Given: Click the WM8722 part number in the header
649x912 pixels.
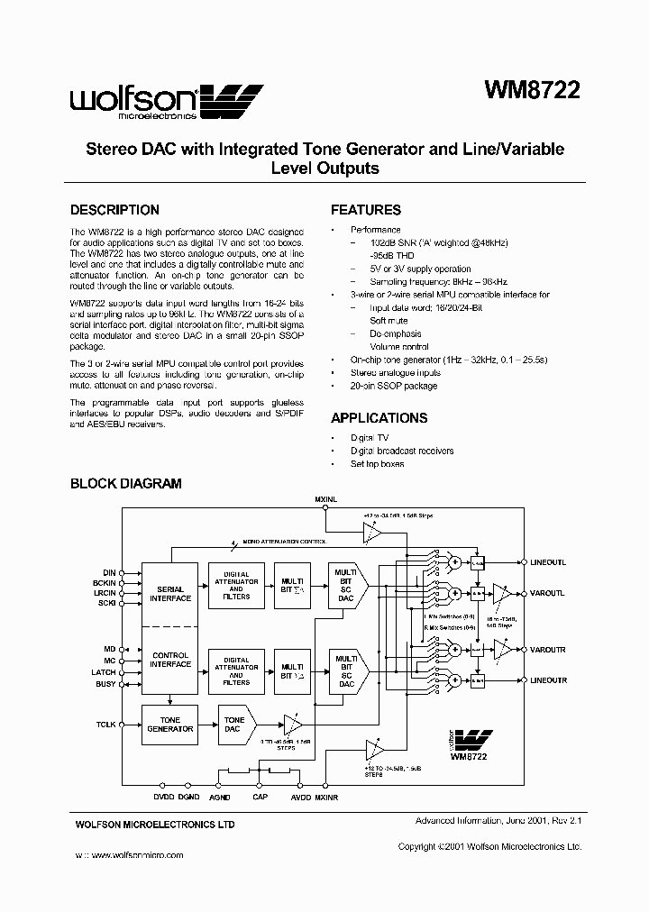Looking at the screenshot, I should tap(532, 90).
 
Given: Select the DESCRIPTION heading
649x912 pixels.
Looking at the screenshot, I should tap(114, 210).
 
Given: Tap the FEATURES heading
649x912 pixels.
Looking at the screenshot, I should tap(365, 210).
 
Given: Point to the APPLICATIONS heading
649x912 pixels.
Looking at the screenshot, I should tap(379, 418).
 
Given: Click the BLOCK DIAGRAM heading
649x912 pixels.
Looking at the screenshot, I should tap(125, 484).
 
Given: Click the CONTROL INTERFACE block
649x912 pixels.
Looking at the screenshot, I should tap(169, 660).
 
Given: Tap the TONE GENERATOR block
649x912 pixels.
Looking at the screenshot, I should tap(169, 725).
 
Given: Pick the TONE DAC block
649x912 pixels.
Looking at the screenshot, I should tap(234, 725).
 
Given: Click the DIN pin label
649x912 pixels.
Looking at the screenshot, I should tap(109, 571).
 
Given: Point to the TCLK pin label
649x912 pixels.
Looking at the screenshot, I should tap(106, 724).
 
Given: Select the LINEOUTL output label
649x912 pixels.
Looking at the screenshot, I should tap(548, 562).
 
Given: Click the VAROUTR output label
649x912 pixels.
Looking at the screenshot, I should tap(548, 649).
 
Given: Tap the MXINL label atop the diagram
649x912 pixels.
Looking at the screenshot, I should tap(325, 498).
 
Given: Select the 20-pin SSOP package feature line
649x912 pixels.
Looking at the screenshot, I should tap(393, 386).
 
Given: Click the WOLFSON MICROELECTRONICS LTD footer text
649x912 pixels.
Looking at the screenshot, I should tap(154, 825).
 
